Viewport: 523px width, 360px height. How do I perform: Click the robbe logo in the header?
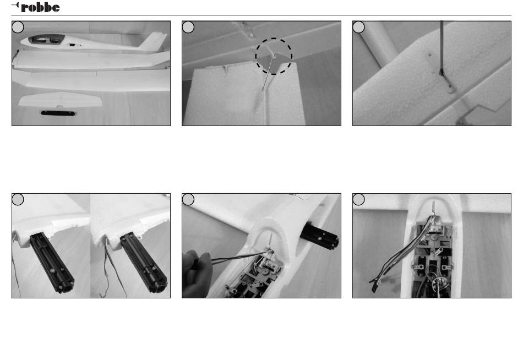click(36, 7)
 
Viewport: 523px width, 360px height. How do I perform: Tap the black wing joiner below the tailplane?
click(58, 113)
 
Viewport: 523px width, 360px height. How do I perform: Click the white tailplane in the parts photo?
click(60, 100)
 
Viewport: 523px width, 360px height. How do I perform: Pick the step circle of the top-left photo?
click(18, 27)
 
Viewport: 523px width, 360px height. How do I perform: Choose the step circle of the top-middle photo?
click(188, 27)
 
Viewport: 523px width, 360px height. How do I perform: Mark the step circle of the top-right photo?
click(358, 27)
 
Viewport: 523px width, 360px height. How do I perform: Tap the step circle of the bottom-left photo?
click(18, 199)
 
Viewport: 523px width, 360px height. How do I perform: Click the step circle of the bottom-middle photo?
click(188, 199)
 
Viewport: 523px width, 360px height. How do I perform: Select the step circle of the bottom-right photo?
click(358, 199)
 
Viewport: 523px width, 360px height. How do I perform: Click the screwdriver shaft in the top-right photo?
click(442, 46)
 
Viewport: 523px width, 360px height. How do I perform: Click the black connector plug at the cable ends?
click(374, 286)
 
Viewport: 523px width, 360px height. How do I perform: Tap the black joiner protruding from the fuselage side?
click(319, 237)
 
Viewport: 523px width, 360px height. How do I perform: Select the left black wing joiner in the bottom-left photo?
click(52, 262)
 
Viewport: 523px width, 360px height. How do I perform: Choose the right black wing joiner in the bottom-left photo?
click(144, 262)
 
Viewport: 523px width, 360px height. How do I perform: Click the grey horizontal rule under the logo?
click(261, 15)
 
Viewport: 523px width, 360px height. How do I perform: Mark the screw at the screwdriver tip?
click(442, 73)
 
